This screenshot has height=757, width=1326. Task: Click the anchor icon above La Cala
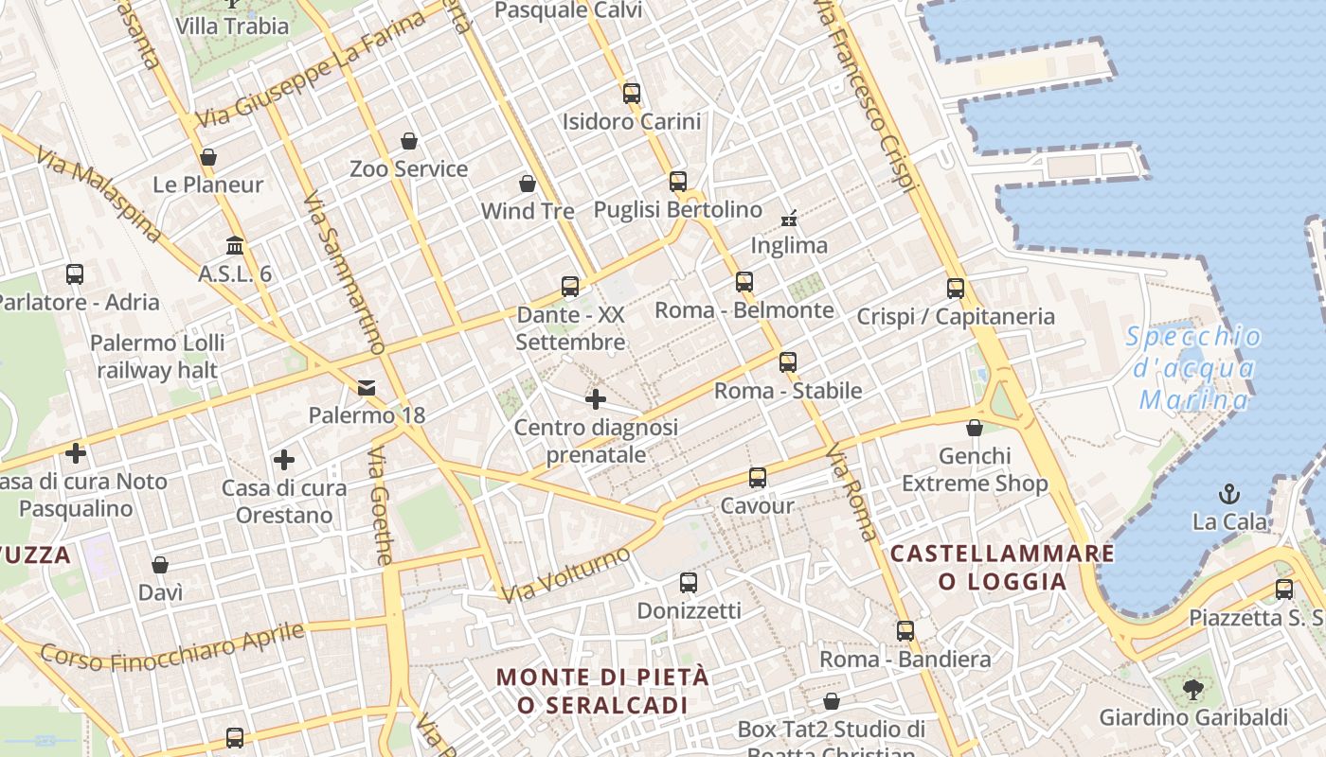1228,493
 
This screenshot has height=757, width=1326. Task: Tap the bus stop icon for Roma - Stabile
787,361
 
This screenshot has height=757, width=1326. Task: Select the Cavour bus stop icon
757,477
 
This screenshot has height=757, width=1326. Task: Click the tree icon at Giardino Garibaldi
1192,689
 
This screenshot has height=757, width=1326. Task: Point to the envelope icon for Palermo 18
367,387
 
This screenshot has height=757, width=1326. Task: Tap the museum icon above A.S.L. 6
235,246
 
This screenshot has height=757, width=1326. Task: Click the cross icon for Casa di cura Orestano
283,460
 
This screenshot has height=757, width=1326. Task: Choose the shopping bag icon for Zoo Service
409,141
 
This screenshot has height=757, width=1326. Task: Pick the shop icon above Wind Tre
528,183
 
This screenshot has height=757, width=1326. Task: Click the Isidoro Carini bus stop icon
632,93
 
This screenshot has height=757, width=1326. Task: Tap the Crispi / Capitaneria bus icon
956,288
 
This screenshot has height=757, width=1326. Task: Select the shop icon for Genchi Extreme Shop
975,428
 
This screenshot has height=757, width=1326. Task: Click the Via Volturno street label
566,574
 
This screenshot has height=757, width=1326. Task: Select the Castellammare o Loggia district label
1002,567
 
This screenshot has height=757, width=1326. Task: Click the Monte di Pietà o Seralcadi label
602,691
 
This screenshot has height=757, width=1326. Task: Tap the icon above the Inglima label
789,219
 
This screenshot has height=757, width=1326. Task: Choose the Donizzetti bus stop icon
689,583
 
